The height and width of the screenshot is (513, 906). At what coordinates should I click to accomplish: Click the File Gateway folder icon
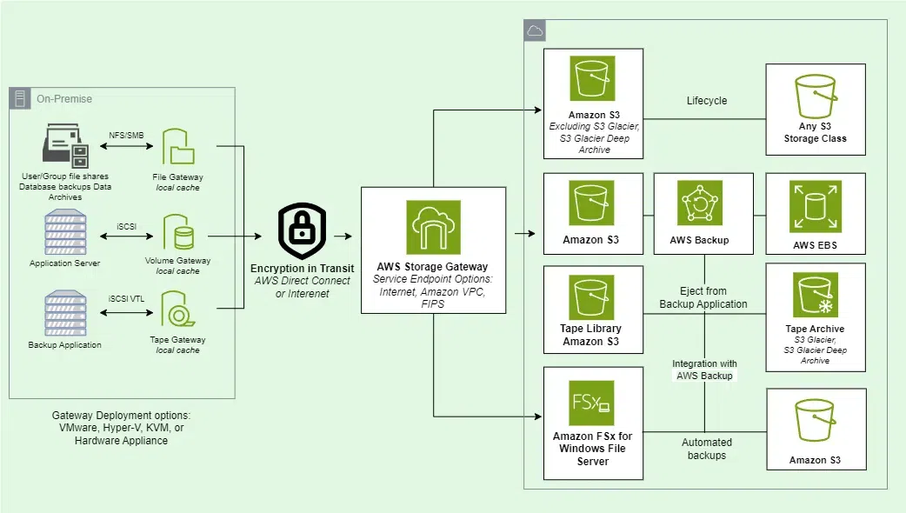coord(177,147)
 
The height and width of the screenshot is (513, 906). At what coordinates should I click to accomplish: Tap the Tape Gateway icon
coord(177,314)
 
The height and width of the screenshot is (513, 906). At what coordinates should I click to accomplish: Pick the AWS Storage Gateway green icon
coord(433,227)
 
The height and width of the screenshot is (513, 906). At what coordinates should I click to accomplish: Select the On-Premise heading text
coord(63,99)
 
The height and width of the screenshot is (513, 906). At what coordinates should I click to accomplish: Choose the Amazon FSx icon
coord(591,402)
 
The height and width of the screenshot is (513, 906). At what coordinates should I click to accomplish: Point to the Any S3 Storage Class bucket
coord(815,100)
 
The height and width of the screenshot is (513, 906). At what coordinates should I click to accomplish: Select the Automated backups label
coord(707,449)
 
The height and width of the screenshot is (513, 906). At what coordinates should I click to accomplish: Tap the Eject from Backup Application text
coord(703,297)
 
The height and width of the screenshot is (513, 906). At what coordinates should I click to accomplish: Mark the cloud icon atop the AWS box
coord(535,31)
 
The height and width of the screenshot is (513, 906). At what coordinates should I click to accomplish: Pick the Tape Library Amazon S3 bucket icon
coord(591,297)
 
